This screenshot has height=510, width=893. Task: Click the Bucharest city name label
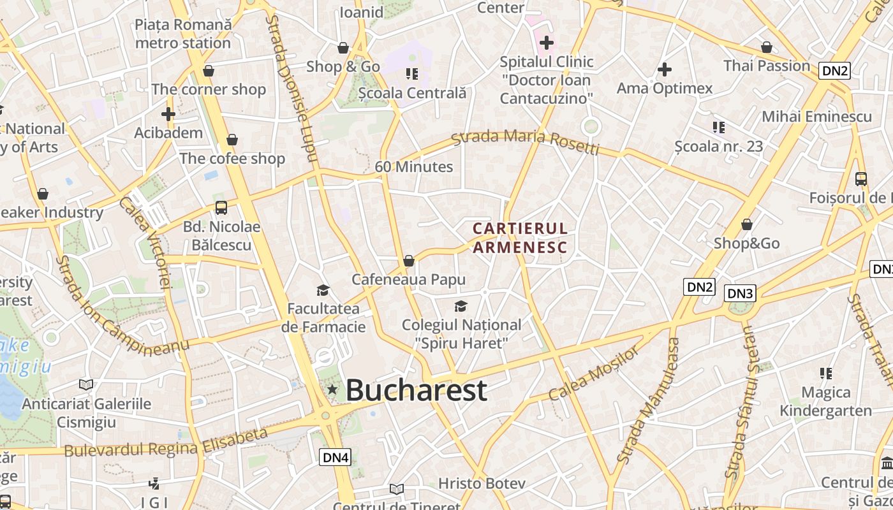(417, 390)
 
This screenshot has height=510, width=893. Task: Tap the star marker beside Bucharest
(332, 389)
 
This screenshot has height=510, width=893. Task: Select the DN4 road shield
(336, 457)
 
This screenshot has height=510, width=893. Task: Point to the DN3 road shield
(740, 293)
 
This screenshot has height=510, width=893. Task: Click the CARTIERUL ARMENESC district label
(520, 237)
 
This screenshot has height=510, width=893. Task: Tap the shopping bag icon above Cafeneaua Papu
(409, 261)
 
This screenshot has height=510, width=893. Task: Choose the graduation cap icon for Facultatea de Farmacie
(323, 291)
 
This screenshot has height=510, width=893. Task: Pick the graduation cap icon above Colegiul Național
(461, 307)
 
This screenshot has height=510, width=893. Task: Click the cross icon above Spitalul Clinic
(546, 43)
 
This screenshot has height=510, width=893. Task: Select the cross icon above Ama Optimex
(664, 69)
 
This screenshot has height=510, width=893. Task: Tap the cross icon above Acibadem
(168, 114)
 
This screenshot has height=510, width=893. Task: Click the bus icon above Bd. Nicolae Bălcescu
(221, 207)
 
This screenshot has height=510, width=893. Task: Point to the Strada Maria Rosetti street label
(526, 142)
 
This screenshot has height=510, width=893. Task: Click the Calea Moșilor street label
(593, 374)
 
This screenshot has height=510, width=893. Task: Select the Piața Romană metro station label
(183, 34)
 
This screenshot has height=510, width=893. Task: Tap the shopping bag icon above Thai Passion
(766, 47)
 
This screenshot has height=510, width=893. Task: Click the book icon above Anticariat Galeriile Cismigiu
(86, 384)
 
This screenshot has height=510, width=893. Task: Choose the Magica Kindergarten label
(826, 401)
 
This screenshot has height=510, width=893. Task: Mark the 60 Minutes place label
(414, 167)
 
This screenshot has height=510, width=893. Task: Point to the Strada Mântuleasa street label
(648, 400)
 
